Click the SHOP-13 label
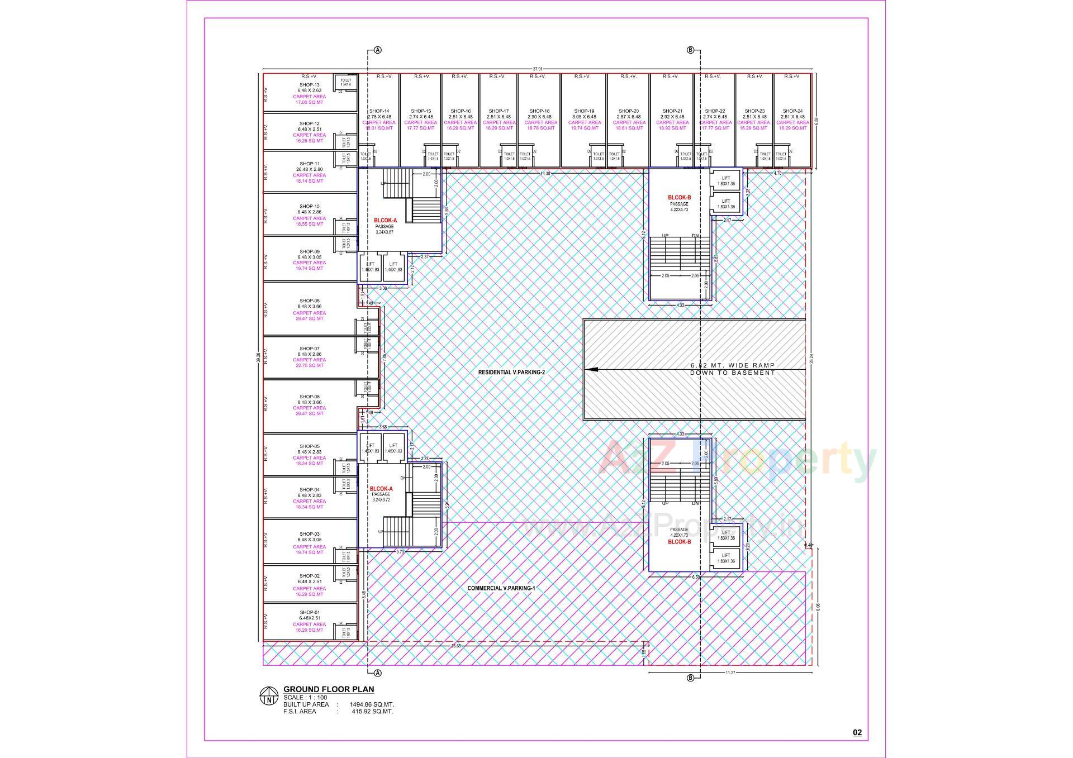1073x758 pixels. pos(309,85)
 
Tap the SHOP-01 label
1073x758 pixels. pos(309,612)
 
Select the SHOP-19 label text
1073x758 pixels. pos(584,111)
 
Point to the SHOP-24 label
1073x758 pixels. pos(792,111)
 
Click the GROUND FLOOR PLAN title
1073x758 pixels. pos(329,689)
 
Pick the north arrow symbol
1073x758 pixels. pos(269,695)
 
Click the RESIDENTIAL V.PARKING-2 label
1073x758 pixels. pos(511,372)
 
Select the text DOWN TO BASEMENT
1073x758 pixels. pos(732,373)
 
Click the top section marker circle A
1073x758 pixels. pos(378,50)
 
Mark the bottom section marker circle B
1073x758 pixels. pos(690,678)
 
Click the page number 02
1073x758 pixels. pos(857,732)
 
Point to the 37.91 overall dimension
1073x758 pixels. pos(537,69)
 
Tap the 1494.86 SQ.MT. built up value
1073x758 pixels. pos(372,704)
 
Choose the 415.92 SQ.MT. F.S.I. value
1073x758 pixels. pos(372,712)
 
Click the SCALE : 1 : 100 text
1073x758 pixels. pos(305,698)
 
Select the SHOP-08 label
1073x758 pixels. pos(309,301)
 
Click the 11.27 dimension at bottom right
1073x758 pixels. pos(730,673)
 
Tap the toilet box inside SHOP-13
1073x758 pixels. pos(345,82)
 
